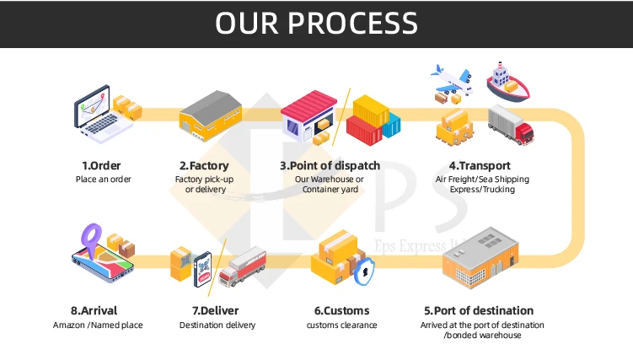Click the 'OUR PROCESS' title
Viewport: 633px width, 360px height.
316,23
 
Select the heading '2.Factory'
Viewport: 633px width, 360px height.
204,165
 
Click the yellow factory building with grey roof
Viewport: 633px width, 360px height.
211,116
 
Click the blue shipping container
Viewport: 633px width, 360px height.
392,125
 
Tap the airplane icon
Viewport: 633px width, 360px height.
453,79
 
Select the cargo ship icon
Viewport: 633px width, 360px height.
508,83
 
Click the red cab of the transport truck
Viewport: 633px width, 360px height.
524,134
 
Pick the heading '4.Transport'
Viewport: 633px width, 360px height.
480,165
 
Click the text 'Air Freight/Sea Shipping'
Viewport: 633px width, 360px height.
482,180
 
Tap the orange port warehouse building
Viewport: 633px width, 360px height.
480,257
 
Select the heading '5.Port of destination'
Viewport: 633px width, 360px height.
479,310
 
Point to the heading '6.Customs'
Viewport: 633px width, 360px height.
342,310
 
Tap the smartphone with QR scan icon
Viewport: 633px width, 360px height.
202,269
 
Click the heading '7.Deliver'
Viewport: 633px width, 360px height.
216,310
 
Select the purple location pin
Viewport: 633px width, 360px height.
91,239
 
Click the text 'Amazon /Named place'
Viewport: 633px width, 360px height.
98,325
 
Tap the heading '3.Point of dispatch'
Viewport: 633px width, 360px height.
330,165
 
